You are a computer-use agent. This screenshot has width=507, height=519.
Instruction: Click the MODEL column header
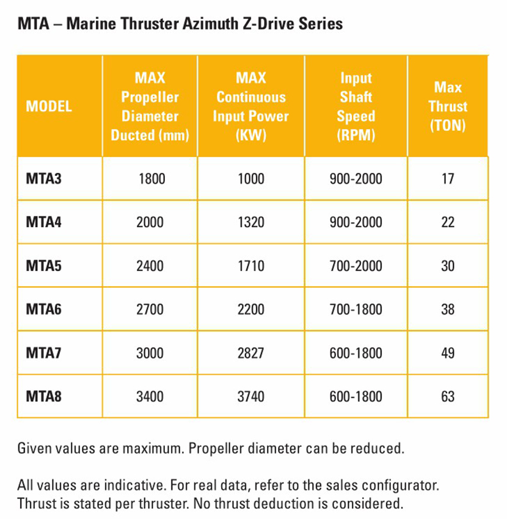tap(49, 106)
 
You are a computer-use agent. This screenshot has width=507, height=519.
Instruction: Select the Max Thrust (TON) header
tap(447, 106)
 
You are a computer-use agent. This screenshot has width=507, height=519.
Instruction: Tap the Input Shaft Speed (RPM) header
tap(356, 106)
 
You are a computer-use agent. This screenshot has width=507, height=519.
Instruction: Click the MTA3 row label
tap(44, 178)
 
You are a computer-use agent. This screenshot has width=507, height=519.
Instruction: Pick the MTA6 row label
tap(44, 309)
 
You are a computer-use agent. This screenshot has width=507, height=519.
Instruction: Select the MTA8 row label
tap(44, 396)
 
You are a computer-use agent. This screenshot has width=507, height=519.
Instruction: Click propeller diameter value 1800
tap(152, 178)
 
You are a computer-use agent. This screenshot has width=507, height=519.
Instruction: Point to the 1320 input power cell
tap(250, 222)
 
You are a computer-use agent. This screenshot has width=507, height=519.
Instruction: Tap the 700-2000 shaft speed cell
tap(355, 266)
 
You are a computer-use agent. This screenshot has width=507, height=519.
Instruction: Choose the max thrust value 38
tap(448, 309)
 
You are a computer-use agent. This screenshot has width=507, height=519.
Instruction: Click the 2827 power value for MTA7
tap(250, 353)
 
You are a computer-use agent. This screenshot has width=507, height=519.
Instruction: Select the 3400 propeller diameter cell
tap(150, 396)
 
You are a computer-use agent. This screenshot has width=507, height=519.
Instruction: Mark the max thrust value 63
tap(448, 396)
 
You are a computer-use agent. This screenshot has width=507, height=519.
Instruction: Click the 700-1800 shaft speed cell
tap(355, 309)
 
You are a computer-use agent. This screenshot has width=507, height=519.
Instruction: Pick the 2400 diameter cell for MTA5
tap(150, 266)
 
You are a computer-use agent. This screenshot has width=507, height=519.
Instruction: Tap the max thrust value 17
tap(448, 178)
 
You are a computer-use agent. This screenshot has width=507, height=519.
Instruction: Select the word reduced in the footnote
tap(378, 449)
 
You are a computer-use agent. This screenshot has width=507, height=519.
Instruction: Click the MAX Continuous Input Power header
tap(250, 106)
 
